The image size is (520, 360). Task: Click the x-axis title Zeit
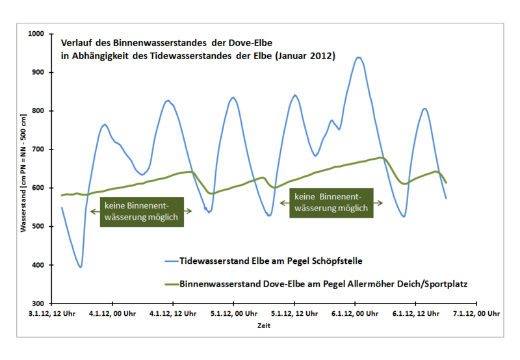264,326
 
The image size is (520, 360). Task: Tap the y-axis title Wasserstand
24,168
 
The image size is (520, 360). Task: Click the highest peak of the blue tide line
358,57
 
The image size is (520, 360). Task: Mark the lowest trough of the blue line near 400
80,266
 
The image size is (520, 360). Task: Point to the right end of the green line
447,183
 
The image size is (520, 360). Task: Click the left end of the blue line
62,208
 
